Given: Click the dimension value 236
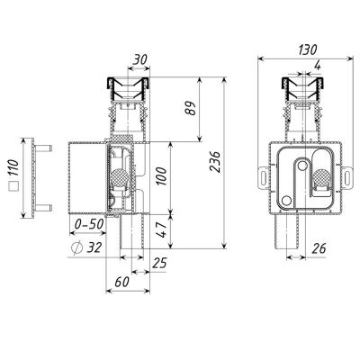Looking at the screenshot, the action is [x=215, y=162].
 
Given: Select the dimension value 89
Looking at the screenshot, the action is [x=190, y=108].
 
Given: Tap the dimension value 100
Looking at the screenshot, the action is [x=161, y=176].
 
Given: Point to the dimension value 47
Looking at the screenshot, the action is [x=162, y=229].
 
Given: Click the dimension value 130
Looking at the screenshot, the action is [x=308, y=49].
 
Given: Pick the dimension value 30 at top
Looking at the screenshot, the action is [x=140, y=59].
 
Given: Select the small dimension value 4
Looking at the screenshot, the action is [x=318, y=66].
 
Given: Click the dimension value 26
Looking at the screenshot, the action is [x=319, y=248].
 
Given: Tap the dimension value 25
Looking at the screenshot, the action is [x=159, y=263].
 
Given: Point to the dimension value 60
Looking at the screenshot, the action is [x=122, y=282].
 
